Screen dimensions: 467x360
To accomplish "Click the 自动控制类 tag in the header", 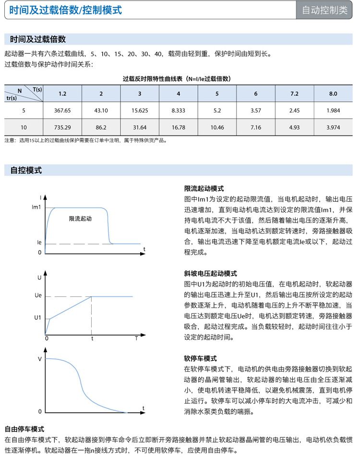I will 324,10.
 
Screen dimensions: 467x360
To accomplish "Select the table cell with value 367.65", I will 62,111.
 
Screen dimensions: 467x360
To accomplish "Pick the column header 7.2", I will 294,93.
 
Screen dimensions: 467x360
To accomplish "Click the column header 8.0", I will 333,93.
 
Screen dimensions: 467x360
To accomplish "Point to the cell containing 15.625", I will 140,111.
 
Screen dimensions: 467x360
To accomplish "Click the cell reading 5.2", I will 217,111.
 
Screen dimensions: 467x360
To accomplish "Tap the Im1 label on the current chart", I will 36,207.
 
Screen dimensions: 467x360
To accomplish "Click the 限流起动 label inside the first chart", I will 80,219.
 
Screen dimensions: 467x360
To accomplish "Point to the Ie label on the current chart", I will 39,243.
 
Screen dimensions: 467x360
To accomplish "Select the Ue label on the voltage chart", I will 38,296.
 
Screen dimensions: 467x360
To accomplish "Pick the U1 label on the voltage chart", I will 38,318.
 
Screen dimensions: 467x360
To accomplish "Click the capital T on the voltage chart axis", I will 136,338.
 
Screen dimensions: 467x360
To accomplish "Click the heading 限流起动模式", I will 204,189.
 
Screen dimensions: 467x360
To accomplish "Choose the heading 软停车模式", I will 201,358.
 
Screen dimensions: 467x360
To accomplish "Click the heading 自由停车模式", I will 24,429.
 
